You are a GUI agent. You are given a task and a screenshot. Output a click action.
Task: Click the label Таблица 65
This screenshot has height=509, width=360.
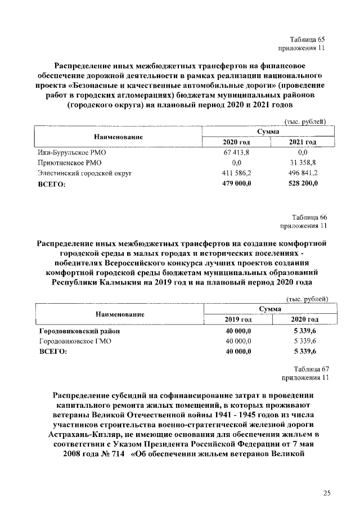pyautogui.click(x=307, y=39)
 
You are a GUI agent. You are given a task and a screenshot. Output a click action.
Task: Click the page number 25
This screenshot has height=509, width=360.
pyautogui.click(x=327, y=493)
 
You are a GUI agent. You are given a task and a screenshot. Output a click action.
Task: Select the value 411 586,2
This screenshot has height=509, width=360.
pyautogui.click(x=236, y=173)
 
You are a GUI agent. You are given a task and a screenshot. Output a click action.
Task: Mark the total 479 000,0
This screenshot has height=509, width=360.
pyautogui.click(x=236, y=183)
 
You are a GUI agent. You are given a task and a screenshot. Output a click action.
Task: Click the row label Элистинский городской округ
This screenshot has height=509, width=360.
pyautogui.click(x=84, y=173)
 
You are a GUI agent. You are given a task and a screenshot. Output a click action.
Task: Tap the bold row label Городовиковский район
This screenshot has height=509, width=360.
pyautogui.click(x=79, y=331)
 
